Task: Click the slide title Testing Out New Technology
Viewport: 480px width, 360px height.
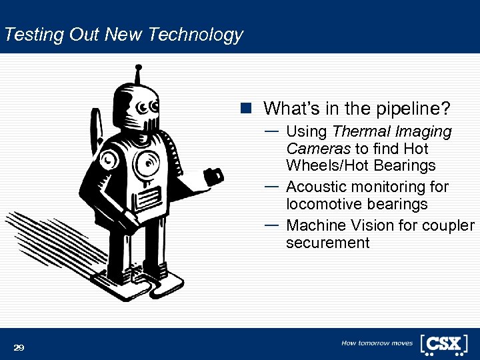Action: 123,35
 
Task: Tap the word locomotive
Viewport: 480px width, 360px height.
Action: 323,204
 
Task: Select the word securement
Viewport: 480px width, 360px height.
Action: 327,243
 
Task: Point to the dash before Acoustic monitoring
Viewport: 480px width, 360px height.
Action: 271,186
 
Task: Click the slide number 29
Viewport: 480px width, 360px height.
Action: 19,347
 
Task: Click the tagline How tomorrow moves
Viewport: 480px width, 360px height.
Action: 377,343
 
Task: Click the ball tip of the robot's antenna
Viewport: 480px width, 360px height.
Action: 138,67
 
